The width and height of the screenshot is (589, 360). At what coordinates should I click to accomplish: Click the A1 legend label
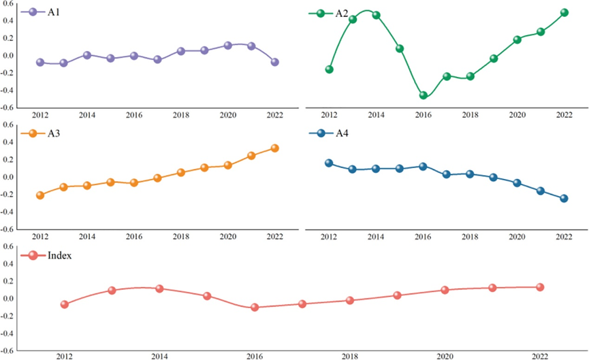click(51, 13)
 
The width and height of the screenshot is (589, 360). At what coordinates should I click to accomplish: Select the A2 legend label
click(344, 13)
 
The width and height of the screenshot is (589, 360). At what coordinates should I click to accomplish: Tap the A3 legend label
click(51, 133)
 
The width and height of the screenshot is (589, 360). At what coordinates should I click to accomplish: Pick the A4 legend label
click(344, 133)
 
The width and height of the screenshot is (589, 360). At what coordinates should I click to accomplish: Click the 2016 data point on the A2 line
click(423, 95)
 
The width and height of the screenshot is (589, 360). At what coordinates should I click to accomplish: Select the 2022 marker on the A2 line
click(564, 12)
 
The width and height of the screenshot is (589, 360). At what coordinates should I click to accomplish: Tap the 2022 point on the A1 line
click(275, 62)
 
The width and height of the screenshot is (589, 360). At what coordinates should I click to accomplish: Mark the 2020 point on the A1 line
click(228, 46)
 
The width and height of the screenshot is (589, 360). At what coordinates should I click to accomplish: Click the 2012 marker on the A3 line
click(40, 195)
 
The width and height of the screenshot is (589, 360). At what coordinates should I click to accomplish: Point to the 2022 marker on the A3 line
click(275, 148)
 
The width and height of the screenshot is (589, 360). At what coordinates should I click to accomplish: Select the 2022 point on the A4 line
click(564, 199)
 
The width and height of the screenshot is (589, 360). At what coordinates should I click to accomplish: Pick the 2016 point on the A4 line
click(423, 167)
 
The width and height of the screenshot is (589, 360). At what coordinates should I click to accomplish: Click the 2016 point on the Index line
click(255, 307)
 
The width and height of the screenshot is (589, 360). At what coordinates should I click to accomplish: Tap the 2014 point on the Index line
click(159, 289)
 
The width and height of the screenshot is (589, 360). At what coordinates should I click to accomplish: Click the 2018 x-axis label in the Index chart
click(349, 356)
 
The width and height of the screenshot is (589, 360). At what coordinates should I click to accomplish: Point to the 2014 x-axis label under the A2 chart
click(376, 114)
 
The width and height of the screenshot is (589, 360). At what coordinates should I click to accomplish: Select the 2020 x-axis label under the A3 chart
click(228, 236)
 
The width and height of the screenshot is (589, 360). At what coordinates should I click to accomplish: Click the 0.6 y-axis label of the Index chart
click(9, 246)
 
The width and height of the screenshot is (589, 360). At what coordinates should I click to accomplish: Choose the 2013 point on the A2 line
click(353, 19)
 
